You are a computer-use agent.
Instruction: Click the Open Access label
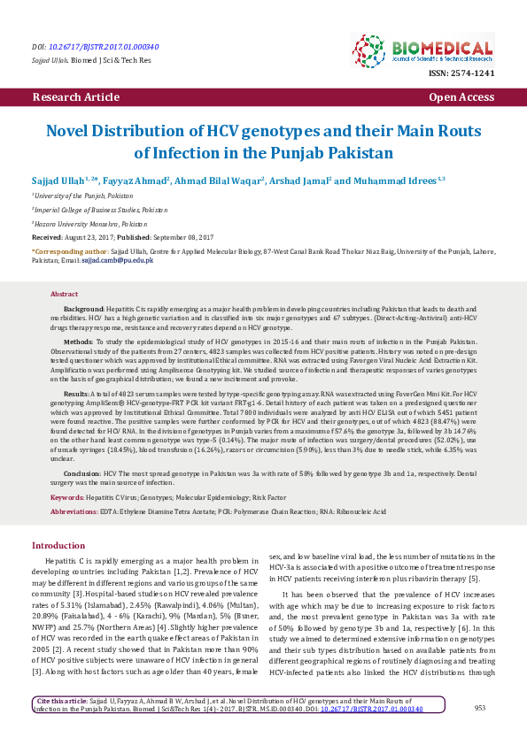(461, 96)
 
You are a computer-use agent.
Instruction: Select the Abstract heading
(65, 293)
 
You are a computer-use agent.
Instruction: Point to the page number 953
(480, 707)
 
